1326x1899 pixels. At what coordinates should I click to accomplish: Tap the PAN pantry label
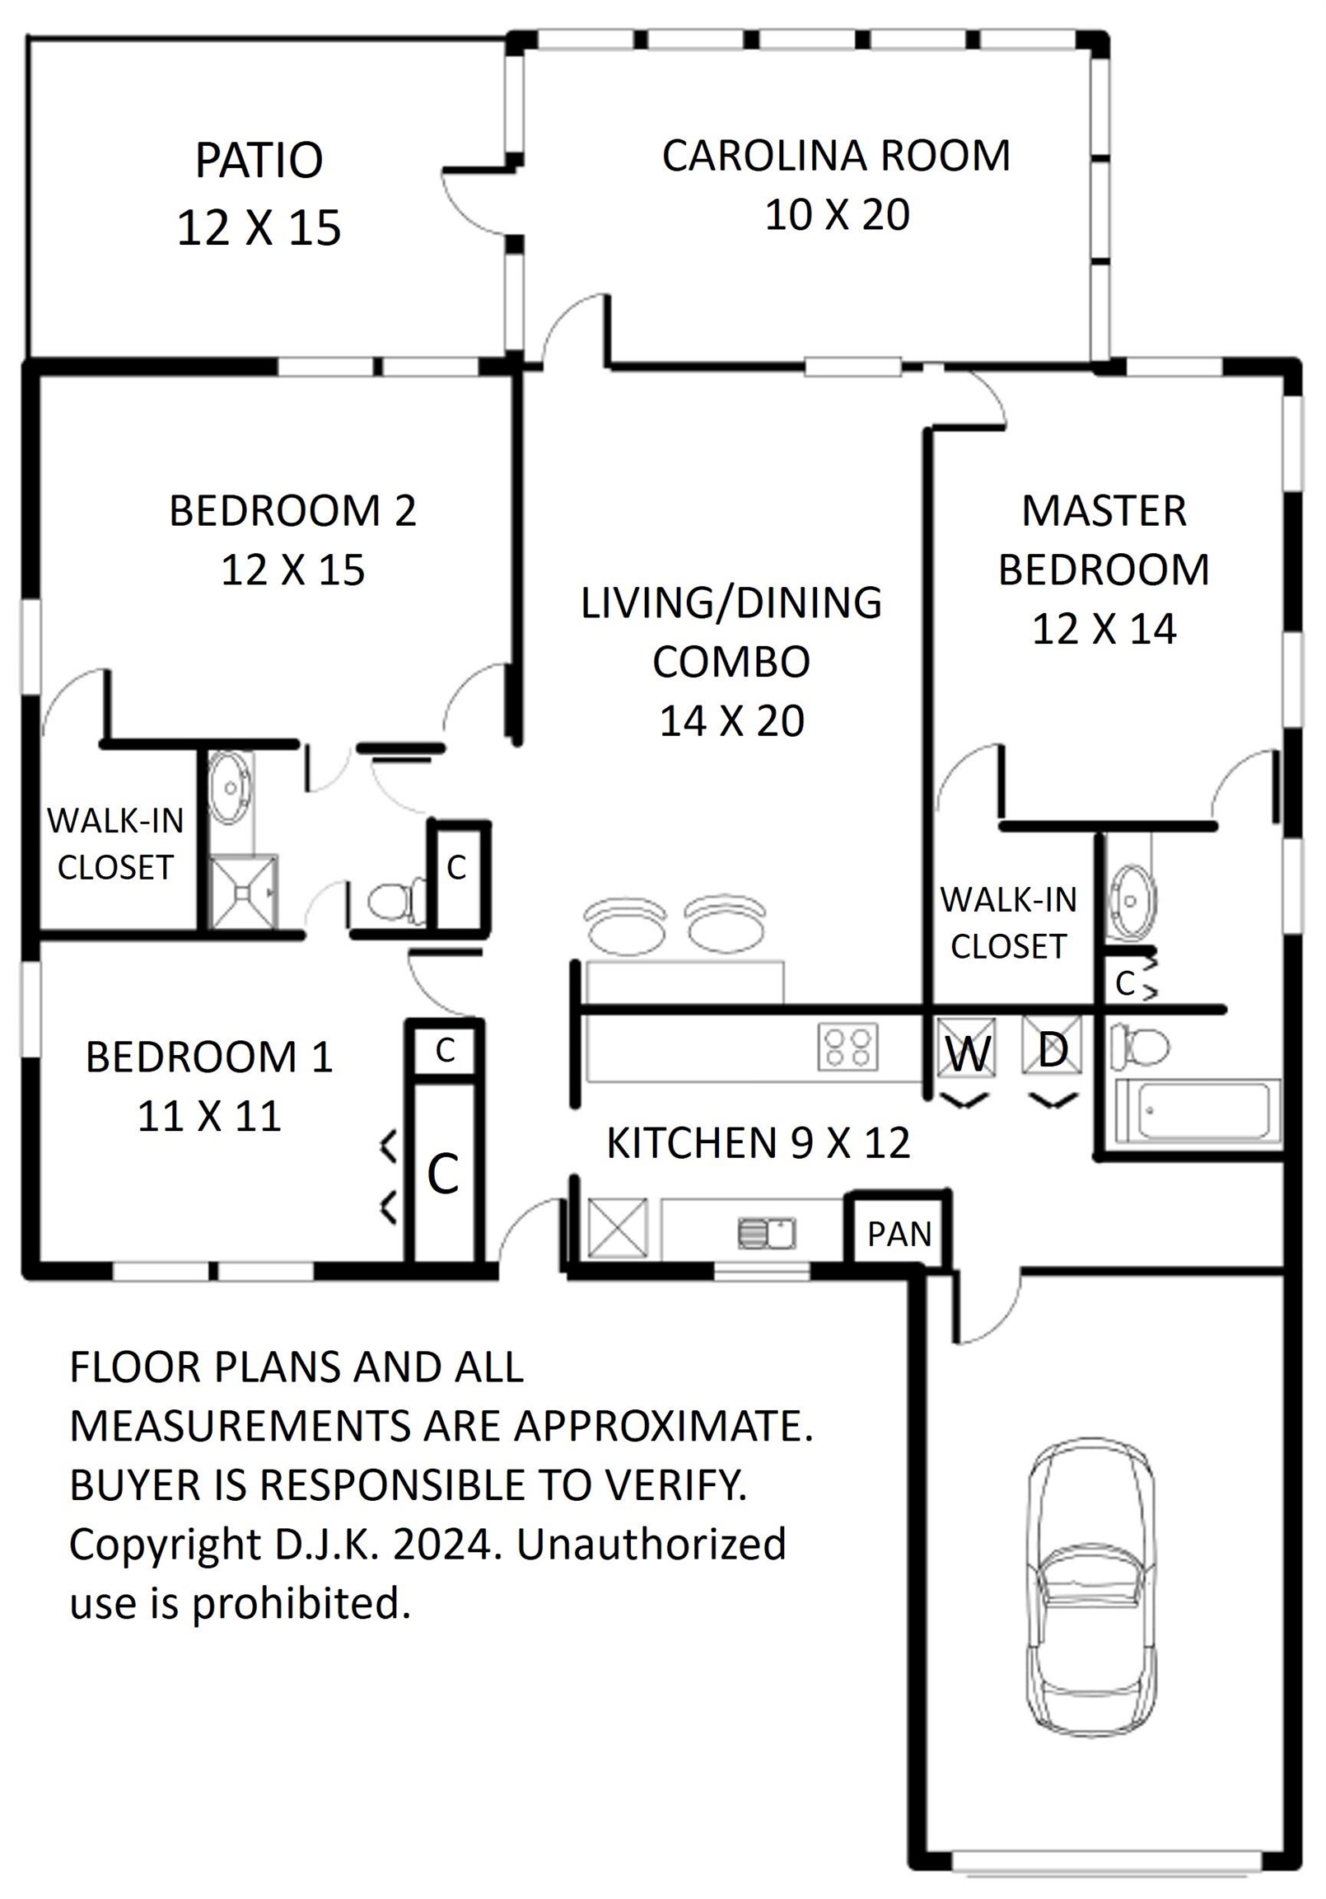(899, 1234)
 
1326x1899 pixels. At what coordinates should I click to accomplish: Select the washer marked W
(966, 1047)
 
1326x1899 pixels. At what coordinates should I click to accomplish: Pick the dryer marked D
(1052, 1045)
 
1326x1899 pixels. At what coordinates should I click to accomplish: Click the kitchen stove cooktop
(848, 1046)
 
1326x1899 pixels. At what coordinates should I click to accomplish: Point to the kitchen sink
(766, 1233)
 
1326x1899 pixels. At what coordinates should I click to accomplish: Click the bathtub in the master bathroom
(1198, 1112)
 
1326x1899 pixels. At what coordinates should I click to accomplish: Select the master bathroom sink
(1131, 901)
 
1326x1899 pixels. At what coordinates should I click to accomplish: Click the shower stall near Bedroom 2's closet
(244, 892)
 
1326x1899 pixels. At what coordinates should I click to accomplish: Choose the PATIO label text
(259, 160)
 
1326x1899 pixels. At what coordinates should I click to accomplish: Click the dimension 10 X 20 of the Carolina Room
(837, 215)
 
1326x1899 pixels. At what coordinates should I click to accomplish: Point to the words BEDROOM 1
(209, 1057)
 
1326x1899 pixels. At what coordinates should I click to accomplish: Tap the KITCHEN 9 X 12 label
(758, 1143)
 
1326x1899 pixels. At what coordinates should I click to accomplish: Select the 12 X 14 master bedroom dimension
(1104, 630)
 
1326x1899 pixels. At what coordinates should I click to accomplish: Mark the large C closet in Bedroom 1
(443, 1173)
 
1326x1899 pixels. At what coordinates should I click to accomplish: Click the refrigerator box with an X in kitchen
(618, 1228)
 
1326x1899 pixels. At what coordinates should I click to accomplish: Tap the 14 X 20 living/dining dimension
(731, 721)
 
